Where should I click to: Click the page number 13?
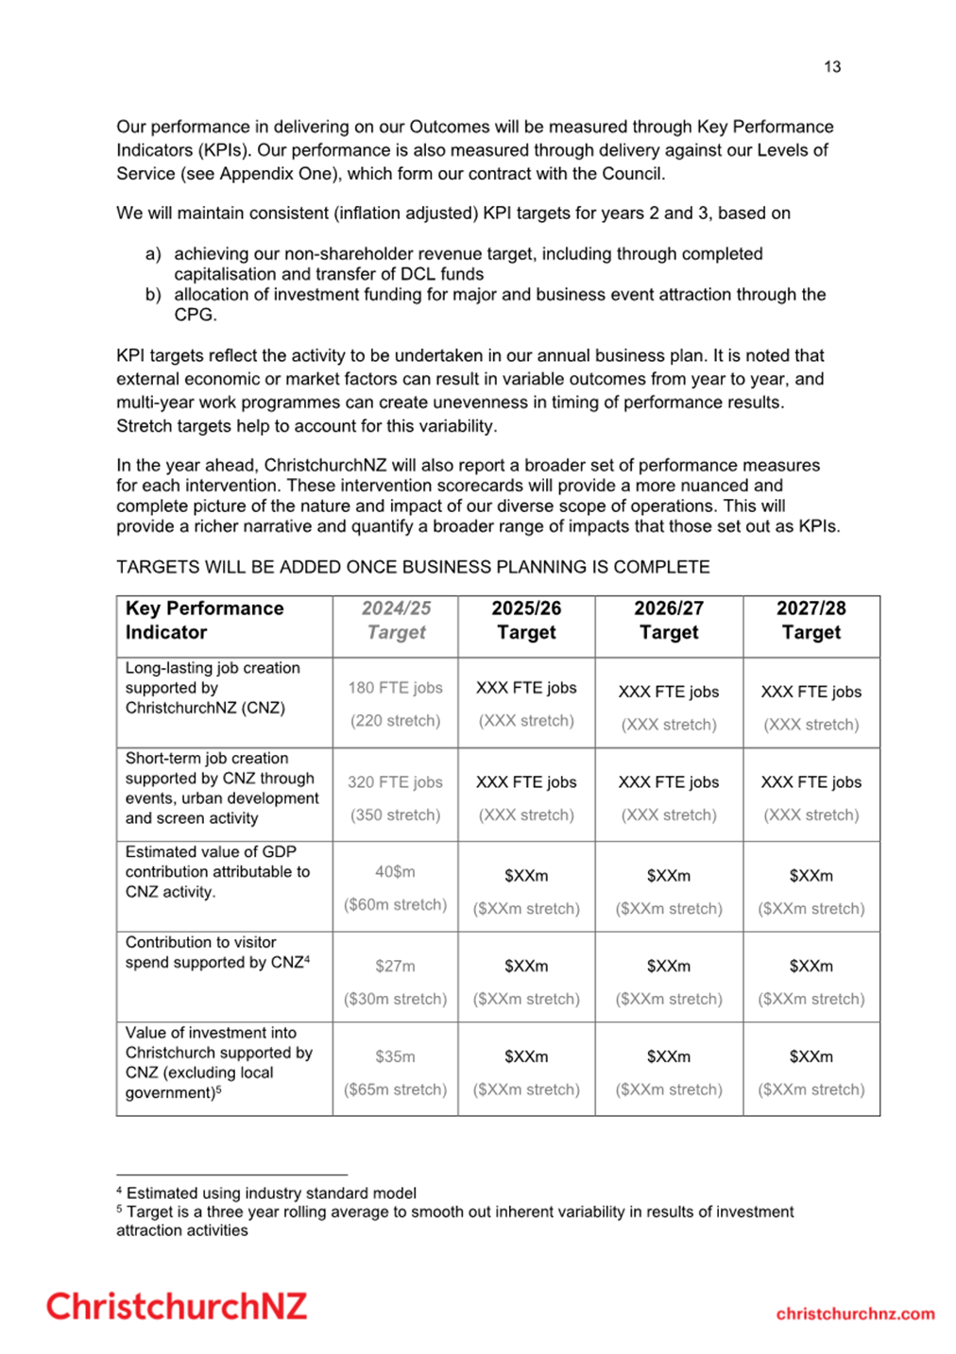pyautogui.click(x=831, y=67)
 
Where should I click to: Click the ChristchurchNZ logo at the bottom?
pyautogui.click(x=177, y=1306)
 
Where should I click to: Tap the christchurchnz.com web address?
pyautogui.click(x=855, y=1313)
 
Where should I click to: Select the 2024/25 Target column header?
pyautogui.click(x=396, y=621)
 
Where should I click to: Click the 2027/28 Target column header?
pyautogui.click(x=811, y=621)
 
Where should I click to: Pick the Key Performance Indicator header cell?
pyautogui.click(x=204, y=621)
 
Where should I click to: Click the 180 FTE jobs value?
pyautogui.click(x=395, y=688)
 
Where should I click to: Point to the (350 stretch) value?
pyautogui.click(x=395, y=814)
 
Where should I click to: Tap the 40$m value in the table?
pyautogui.click(x=395, y=872)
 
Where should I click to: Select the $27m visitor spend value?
pyautogui.click(x=395, y=966)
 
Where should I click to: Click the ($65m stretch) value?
pyautogui.click(x=395, y=1089)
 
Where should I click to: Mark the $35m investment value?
pyautogui.click(x=395, y=1056)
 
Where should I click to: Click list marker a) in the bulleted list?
pyautogui.click(x=153, y=254)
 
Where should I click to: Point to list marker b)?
pyautogui.click(x=153, y=295)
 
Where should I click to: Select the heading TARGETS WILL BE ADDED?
pyautogui.click(x=413, y=567)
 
